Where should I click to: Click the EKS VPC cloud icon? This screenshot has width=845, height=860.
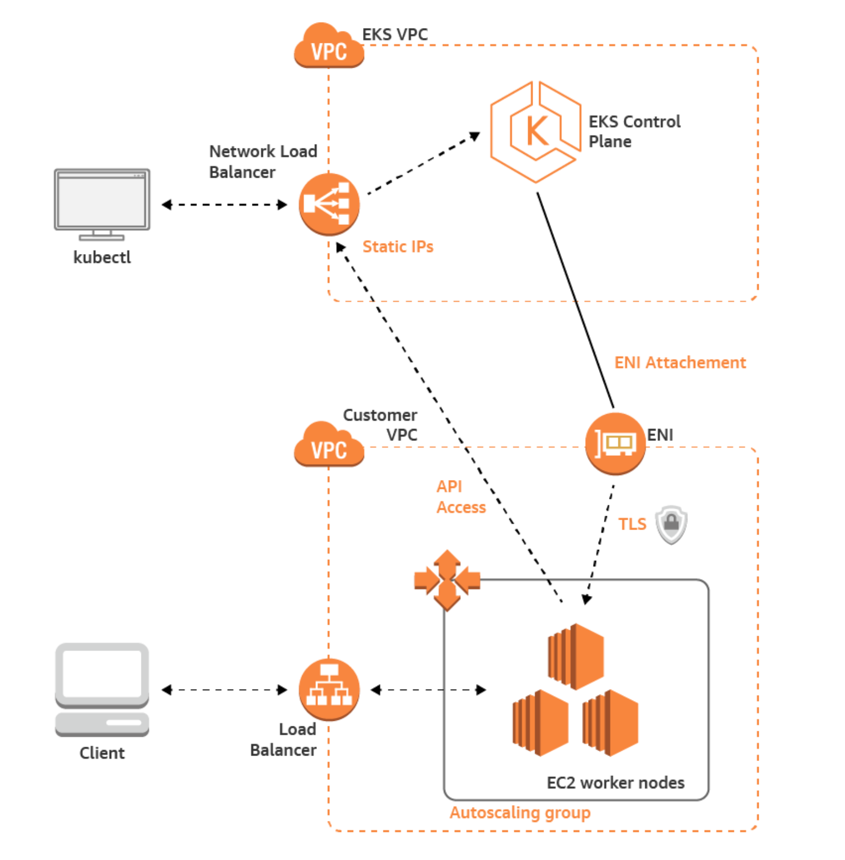pos(329,46)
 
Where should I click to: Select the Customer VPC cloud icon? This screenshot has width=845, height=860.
pos(329,445)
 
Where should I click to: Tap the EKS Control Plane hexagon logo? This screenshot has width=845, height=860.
pos(535,132)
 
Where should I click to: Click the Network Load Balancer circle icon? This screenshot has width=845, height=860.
pos(329,205)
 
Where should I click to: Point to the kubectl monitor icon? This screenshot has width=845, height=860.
pos(102,203)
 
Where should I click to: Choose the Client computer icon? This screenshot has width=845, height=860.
pos(102,690)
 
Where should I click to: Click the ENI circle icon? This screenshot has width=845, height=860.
pos(615,443)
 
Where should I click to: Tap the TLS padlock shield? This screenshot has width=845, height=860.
pos(671,524)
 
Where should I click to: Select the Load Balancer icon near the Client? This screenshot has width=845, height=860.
pos(329,690)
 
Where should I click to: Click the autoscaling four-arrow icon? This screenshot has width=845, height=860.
pos(447,580)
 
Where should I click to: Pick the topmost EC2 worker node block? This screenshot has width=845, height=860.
pos(576,655)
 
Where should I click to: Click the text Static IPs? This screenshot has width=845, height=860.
pos(398,247)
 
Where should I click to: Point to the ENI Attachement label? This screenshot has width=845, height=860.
pos(680,363)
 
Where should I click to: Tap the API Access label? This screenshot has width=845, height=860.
pos(461,497)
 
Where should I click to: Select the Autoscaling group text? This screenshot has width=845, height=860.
pos(520,813)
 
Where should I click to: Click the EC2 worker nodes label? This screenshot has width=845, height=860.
pos(616,783)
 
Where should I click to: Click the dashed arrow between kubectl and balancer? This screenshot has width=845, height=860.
pos(224,205)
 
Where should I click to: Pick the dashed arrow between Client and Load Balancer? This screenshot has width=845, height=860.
pos(224,690)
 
